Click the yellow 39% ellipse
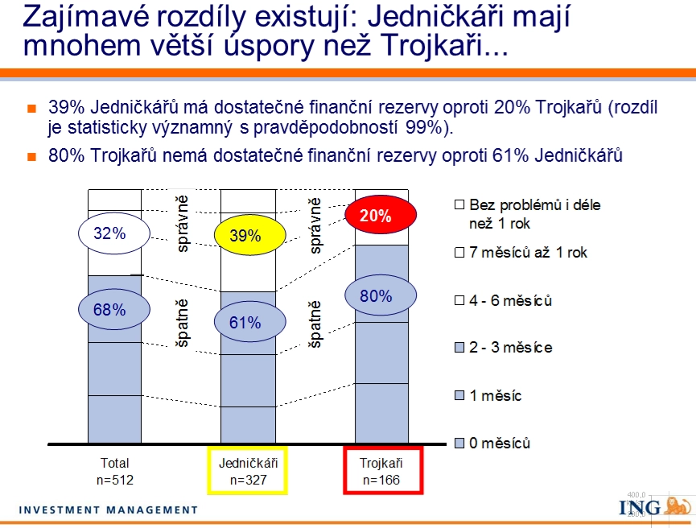[250, 235]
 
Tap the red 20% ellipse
[381, 214]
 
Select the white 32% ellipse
[114, 233]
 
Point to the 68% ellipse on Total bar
[114, 309]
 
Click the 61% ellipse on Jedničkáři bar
[250, 321]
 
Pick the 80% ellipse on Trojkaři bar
[381, 295]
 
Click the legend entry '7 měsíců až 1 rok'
[521, 253]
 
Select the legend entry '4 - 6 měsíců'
[503, 301]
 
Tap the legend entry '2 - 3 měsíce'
[504, 347]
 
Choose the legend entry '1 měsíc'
[488, 395]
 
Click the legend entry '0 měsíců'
[492, 443]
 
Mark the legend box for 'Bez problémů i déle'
[459, 204]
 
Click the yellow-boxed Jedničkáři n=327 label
[248, 471]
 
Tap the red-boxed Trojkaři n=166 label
[383, 471]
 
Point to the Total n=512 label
[114, 471]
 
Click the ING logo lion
[677, 505]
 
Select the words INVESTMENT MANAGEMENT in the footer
[109, 509]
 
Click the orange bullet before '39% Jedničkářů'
[31, 109]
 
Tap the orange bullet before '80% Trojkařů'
[31, 156]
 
